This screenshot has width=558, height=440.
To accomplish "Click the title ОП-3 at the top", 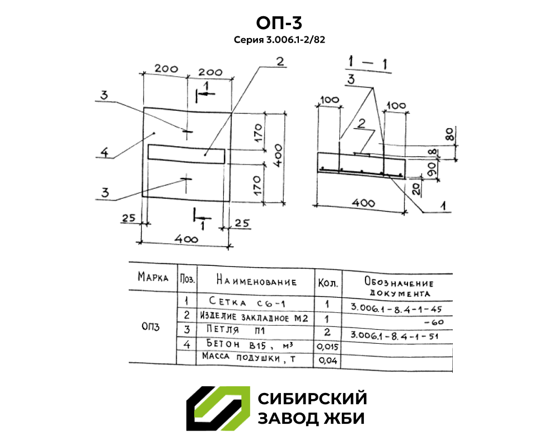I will (279, 23).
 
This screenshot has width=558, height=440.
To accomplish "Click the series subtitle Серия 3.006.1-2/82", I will (279, 40).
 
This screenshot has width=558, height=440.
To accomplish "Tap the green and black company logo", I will (218, 409).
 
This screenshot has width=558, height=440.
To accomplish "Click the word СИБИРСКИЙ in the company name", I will (312, 399).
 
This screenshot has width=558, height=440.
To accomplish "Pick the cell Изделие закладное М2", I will (254, 317).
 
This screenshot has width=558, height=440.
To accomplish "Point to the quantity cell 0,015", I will (327, 347).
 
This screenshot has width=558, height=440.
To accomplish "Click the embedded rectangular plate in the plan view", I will (186, 152).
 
